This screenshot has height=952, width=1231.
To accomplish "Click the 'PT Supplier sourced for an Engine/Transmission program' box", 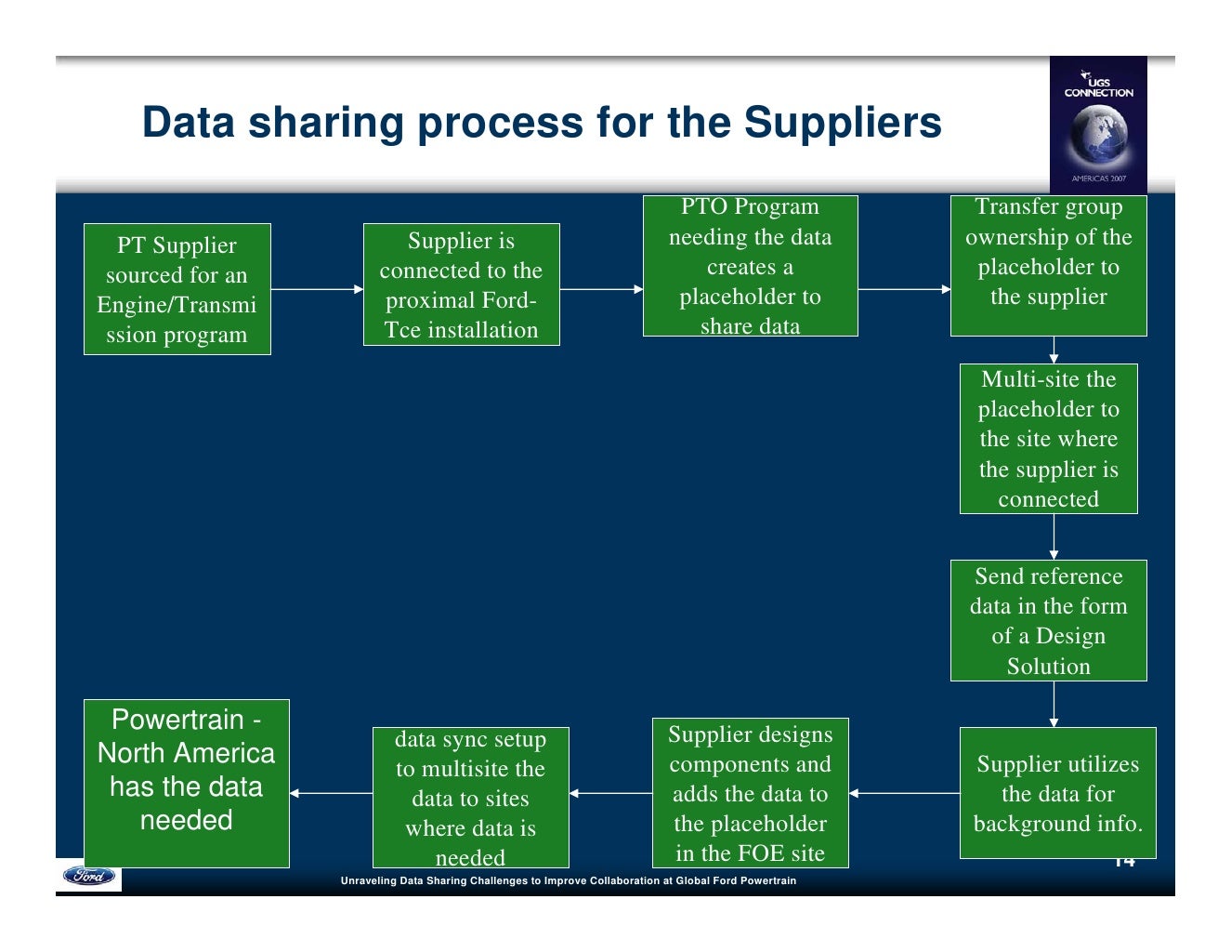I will [177, 289].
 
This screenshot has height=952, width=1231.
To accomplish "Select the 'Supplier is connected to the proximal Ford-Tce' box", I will [461, 284].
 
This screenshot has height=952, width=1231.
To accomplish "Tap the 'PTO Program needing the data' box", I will [750, 266].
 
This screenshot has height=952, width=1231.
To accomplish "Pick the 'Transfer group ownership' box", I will [1048, 266].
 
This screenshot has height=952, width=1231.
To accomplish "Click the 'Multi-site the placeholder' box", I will [1048, 439].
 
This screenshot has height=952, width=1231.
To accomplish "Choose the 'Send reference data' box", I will [1048, 620].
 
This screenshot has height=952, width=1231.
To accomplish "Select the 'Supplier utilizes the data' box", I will [1057, 793].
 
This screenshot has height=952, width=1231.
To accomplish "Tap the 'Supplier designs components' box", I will [750, 793].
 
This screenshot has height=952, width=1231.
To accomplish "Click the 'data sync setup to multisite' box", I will [470, 798].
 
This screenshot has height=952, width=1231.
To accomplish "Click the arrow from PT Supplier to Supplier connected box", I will [317, 289].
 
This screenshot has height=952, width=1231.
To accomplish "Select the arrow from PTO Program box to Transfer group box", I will [904, 289].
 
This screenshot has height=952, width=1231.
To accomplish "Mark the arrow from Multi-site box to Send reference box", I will [1054, 536].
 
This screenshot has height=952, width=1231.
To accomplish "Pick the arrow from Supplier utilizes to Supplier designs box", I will [904, 793].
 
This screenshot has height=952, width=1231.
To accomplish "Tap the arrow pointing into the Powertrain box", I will [331, 793].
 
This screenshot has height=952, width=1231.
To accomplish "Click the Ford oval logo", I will [89, 876].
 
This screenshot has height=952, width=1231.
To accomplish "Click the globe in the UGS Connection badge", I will [1097, 133].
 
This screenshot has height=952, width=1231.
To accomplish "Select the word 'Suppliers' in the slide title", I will [843, 123].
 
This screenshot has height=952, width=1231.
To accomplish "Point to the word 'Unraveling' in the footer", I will [368, 880].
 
